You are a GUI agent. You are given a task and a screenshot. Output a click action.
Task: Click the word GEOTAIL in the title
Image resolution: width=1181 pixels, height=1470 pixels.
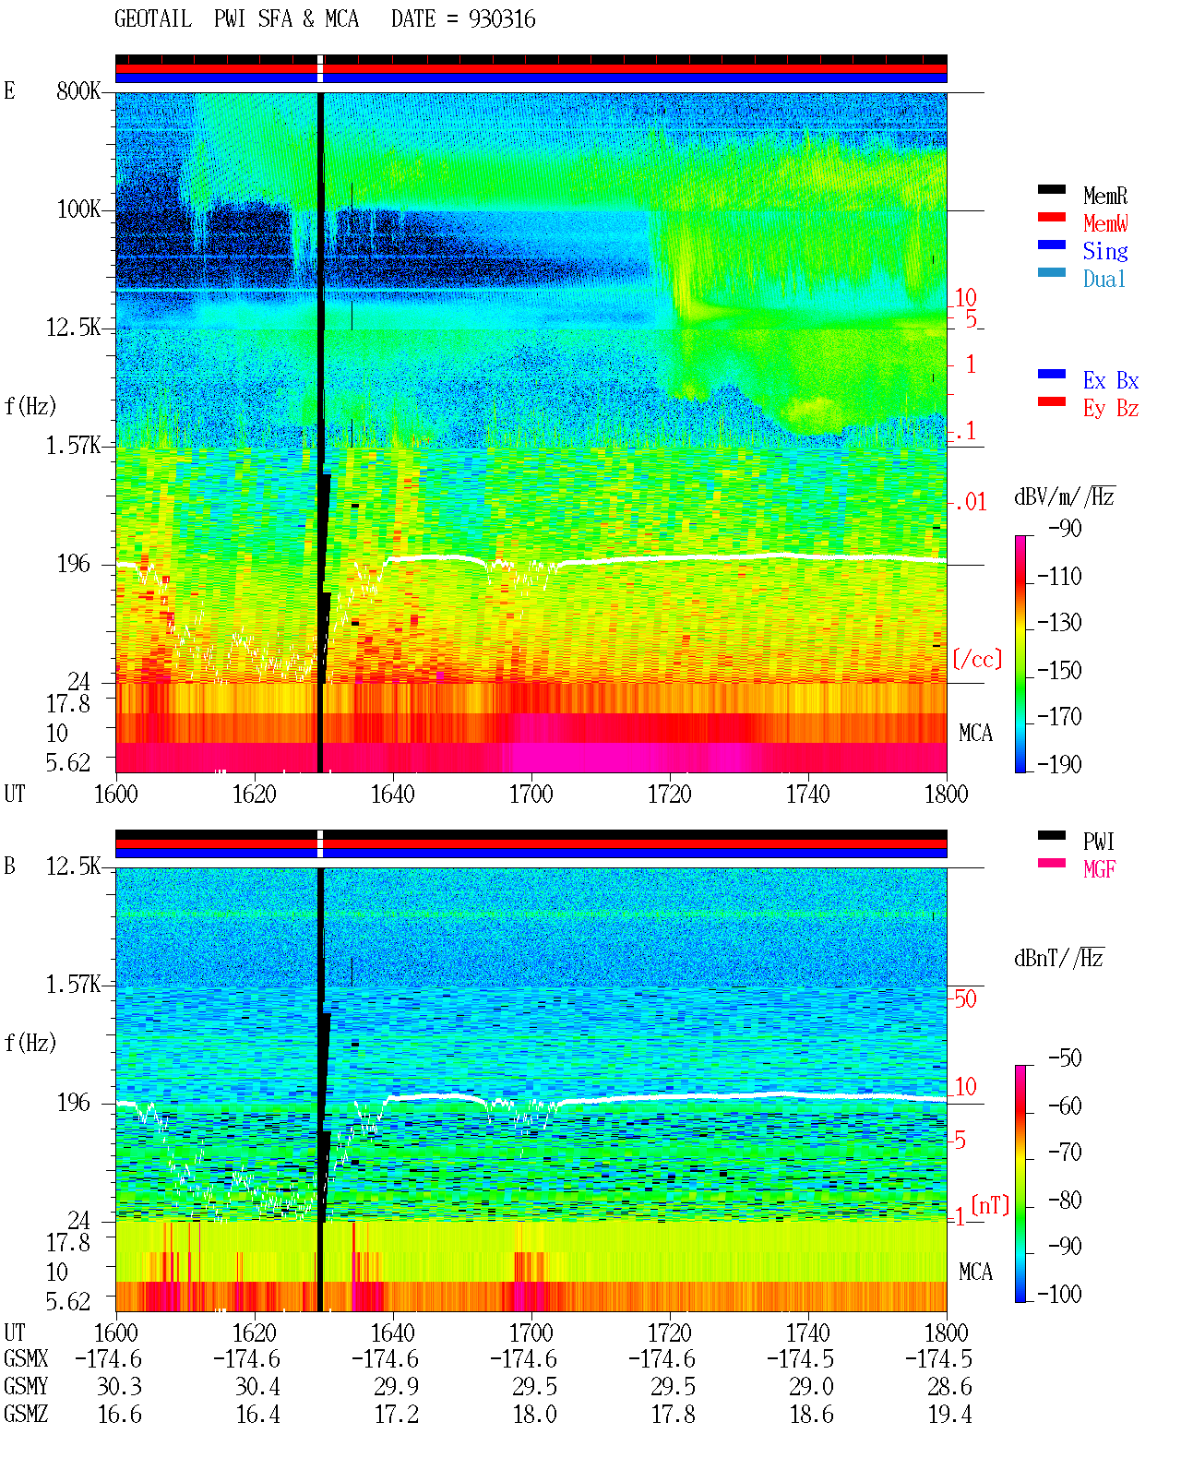click(153, 18)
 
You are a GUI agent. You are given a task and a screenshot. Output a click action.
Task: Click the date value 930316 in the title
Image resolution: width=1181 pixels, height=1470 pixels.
click(502, 18)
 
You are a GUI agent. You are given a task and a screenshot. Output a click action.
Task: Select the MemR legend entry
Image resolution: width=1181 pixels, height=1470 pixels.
click(1105, 196)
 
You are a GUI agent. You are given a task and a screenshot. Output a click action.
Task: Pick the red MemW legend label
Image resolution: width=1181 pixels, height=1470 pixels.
click(1105, 222)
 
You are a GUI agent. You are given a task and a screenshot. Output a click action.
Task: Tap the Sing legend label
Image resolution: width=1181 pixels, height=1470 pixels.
click(1105, 251)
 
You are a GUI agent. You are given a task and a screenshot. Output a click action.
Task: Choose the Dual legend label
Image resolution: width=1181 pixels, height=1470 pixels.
click(1104, 279)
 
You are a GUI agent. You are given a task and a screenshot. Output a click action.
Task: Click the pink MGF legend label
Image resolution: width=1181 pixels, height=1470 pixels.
click(1099, 869)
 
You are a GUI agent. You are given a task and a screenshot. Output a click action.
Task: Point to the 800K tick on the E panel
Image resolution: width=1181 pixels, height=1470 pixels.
click(78, 90)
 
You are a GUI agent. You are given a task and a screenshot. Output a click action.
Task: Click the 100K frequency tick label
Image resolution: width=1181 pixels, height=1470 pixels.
click(78, 209)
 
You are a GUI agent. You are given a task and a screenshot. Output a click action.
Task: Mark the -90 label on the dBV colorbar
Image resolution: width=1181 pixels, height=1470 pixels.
click(1065, 528)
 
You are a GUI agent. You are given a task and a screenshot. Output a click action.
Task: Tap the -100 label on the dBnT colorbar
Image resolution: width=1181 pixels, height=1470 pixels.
click(1059, 1294)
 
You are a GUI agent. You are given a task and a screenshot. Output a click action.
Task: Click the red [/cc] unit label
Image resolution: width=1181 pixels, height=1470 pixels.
click(977, 659)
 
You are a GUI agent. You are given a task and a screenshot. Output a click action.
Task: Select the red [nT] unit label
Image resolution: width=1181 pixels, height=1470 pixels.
click(990, 1205)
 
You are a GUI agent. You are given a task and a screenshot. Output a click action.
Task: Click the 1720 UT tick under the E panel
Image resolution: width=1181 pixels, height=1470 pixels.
click(670, 794)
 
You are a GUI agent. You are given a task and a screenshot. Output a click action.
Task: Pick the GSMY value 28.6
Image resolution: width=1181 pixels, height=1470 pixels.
click(949, 1386)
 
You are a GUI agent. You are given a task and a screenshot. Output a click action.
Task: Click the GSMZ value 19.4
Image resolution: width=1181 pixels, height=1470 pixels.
click(949, 1414)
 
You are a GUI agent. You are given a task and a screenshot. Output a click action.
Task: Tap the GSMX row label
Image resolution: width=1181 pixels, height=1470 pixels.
click(26, 1358)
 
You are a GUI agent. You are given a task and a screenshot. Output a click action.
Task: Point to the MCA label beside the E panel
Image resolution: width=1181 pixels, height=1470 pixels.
click(975, 733)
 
